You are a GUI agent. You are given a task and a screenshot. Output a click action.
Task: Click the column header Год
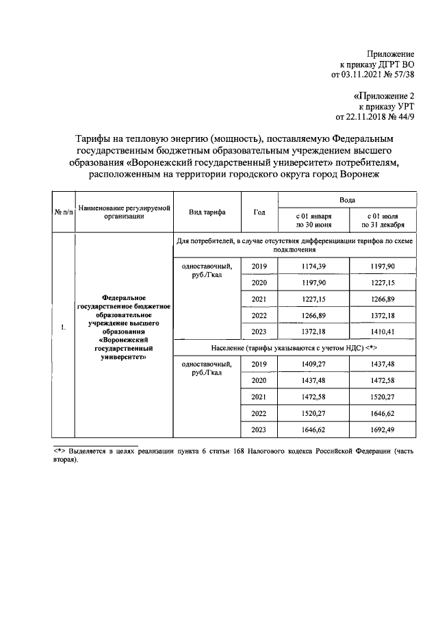[x=259, y=212]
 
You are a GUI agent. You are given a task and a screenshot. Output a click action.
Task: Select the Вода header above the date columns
[x=347, y=198]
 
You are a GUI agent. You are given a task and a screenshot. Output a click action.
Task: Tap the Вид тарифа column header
[x=208, y=212]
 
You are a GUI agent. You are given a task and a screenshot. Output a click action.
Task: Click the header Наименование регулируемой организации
[x=123, y=212]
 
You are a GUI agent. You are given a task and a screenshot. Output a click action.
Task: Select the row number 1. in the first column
[x=63, y=327]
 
